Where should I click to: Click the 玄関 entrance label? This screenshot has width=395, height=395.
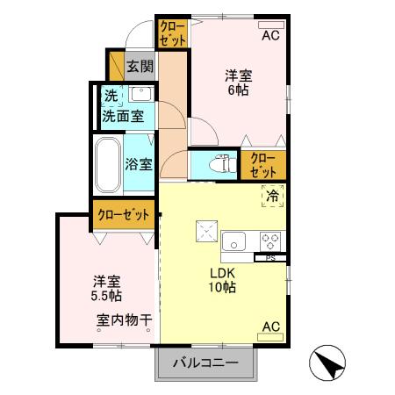click(139, 65)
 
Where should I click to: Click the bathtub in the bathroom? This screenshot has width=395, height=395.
click(108, 166)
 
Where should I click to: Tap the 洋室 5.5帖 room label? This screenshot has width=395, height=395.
click(105, 288)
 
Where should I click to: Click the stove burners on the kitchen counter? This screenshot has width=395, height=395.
click(270, 241)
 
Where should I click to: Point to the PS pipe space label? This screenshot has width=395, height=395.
click(269, 257)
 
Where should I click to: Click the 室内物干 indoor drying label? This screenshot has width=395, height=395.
click(124, 320)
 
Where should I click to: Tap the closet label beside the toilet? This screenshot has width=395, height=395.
click(262, 164)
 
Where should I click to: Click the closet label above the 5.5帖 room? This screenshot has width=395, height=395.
click(124, 214)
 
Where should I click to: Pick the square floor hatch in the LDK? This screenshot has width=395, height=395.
click(208, 230)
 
